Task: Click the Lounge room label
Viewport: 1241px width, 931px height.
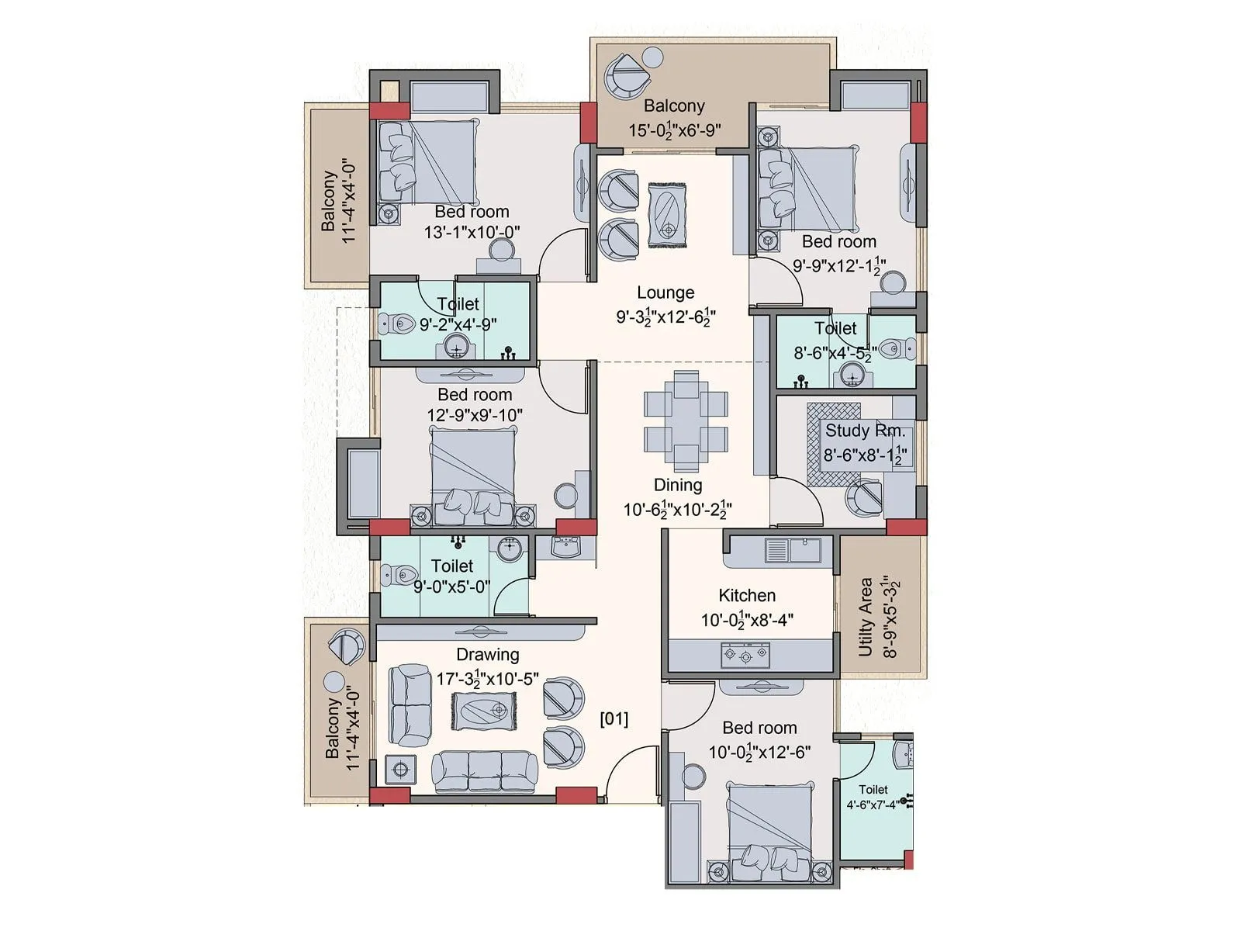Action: (x=665, y=293)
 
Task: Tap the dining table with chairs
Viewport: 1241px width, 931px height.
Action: (x=686, y=421)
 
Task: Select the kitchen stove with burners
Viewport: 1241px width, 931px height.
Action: (x=745, y=656)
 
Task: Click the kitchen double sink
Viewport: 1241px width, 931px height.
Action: (x=792, y=550)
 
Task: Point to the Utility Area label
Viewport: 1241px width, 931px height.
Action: (x=866, y=617)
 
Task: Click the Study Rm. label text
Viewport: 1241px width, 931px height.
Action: (x=865, y=431)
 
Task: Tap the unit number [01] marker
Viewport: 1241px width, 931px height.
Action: (x=614, y=718)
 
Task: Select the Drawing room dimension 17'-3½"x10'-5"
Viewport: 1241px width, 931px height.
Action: (x=487, y=680)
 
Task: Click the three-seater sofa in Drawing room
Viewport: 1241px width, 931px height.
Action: (x=484, y=771)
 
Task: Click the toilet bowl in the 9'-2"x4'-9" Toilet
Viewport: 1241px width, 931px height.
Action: (x=397, y=324)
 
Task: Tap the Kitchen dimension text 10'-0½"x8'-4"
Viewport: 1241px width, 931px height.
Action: (x=747, y=621)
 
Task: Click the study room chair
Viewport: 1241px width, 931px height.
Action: (x=864, y=497)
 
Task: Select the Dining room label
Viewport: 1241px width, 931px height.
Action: (x=678, y=486)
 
